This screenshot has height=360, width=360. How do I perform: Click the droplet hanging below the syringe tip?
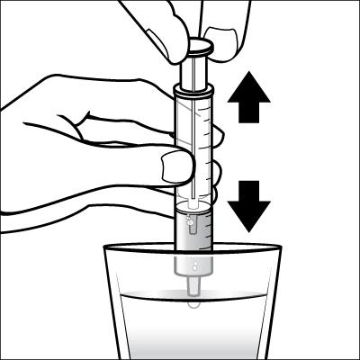pos(191,305)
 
